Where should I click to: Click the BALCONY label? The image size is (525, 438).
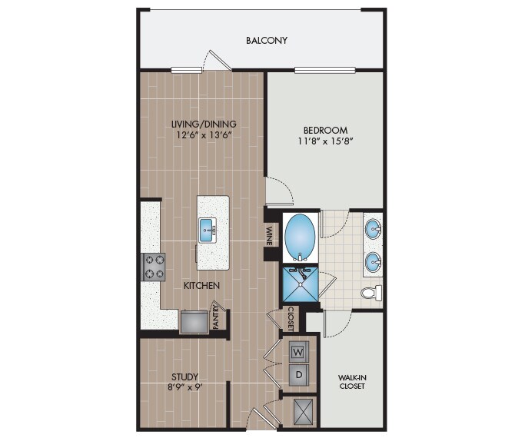267,40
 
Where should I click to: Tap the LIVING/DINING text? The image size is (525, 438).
204,124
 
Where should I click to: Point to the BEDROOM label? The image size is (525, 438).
325,130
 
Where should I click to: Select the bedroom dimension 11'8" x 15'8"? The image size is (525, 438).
325,141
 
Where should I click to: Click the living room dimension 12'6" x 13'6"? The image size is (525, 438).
204,135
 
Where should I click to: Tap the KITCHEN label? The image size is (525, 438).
202,285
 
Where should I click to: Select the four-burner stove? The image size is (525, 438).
153,267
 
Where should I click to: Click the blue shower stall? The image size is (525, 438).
299,282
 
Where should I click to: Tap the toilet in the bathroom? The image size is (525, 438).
371,293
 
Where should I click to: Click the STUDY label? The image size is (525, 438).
185,377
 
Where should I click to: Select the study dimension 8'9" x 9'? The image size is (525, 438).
185,387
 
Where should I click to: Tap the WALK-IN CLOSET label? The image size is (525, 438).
351,381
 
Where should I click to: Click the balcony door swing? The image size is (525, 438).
215,61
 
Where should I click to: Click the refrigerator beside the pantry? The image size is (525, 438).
194,320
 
